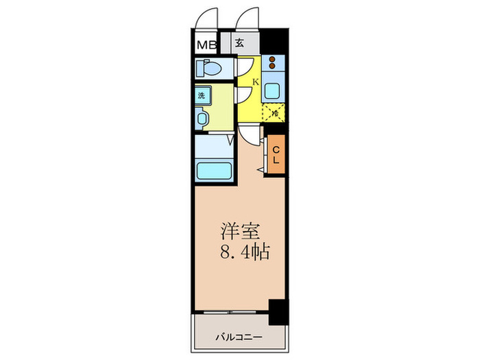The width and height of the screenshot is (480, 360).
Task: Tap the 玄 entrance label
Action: tap(240, 43)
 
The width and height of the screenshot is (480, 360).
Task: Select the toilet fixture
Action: tap(208, 69)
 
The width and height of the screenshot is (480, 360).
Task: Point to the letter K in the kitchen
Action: tap(255, 82)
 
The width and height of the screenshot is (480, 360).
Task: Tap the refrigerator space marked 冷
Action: tap(275, 112)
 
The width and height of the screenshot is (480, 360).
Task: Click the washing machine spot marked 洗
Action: tap(202, 95)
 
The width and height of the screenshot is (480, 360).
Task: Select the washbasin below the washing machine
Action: tap(202, 119)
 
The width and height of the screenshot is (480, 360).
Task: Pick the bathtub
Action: tap(214, 169)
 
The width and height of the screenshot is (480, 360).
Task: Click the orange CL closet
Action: tap(276, 155)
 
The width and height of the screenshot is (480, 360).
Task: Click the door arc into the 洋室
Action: tap(251, 136)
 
